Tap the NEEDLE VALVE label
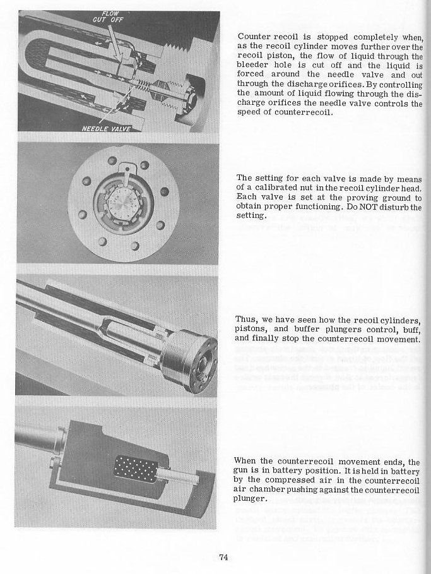click(106, 128)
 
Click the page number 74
click(223, 557)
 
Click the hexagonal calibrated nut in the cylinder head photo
click(124, 203)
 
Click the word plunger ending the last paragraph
click(249, 499)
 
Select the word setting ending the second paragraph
click(251, 216)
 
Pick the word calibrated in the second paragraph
click(276, 188)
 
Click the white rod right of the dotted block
click(178, 477)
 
